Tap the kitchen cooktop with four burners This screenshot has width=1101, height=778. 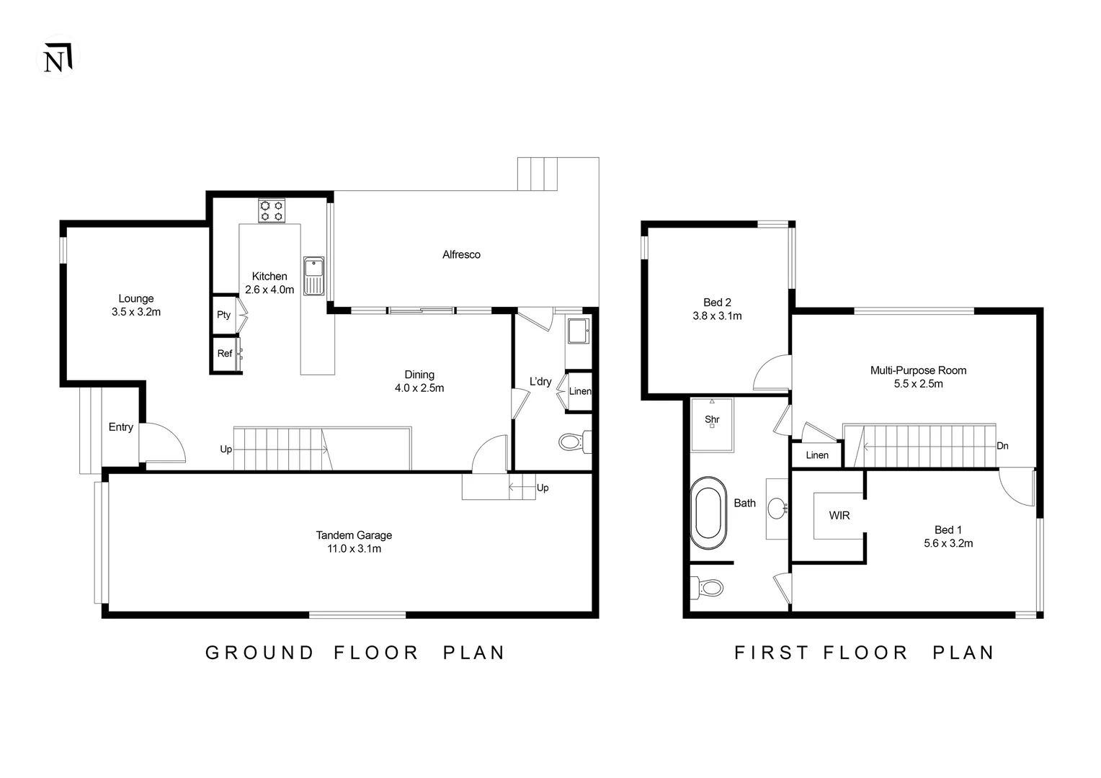point(272,210)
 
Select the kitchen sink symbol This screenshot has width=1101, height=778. point(313,275)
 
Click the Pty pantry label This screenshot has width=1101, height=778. point(223,315)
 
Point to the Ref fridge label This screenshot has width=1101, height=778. point(225,354)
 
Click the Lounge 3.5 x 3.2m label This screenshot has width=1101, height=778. point(136,305)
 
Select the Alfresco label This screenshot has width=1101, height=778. point(461,254)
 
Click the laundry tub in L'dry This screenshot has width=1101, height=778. point(578,332)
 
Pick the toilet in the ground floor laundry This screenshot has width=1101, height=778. point(574,441)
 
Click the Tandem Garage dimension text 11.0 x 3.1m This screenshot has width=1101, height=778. point(354,549)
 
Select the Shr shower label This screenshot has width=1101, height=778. point(712,419)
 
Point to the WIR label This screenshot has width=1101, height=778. point(839,516)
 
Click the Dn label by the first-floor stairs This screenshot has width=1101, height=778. point(1002,446)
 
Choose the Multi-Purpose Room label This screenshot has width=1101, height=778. point(918,370)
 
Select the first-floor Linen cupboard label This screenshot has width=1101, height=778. point(817,455)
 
